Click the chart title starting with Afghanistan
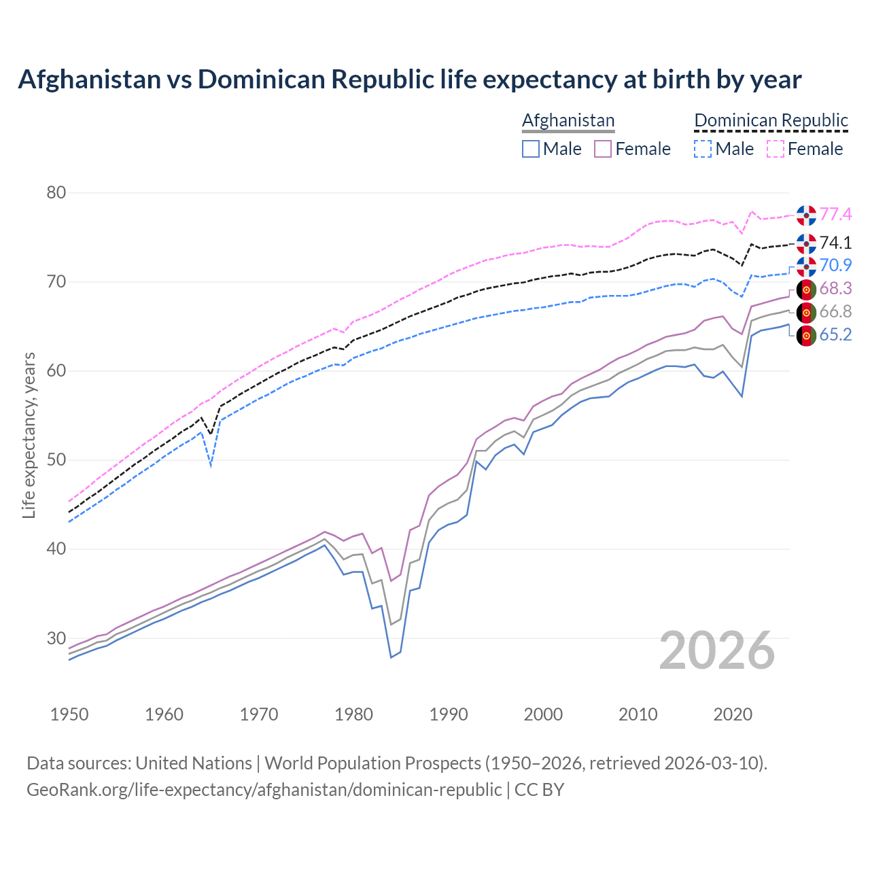[x=409, y=80]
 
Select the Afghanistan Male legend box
[x=531, y=149]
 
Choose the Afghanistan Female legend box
[x=603, y=149]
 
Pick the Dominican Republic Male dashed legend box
[x=703, y=149]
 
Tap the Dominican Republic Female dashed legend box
[x=775, y=149]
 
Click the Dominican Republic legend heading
[x=771, y=120]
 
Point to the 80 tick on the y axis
[x=56, y=193]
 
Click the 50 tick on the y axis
[x=56, y=460]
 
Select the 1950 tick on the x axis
[x=70, y=714]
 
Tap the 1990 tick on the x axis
[x=449, y=714]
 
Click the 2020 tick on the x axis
[x=733, y=714]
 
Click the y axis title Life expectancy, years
[x=29, y=435]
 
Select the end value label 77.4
[x=835, y=215]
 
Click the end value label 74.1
[x=835, y=243]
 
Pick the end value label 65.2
[x=835, y=335]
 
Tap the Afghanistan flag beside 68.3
[x=806, y=290]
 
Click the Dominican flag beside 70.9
[x=806, y=266]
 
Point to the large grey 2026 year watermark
[x=717, y=650]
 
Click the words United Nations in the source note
[x=194, y=763]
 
